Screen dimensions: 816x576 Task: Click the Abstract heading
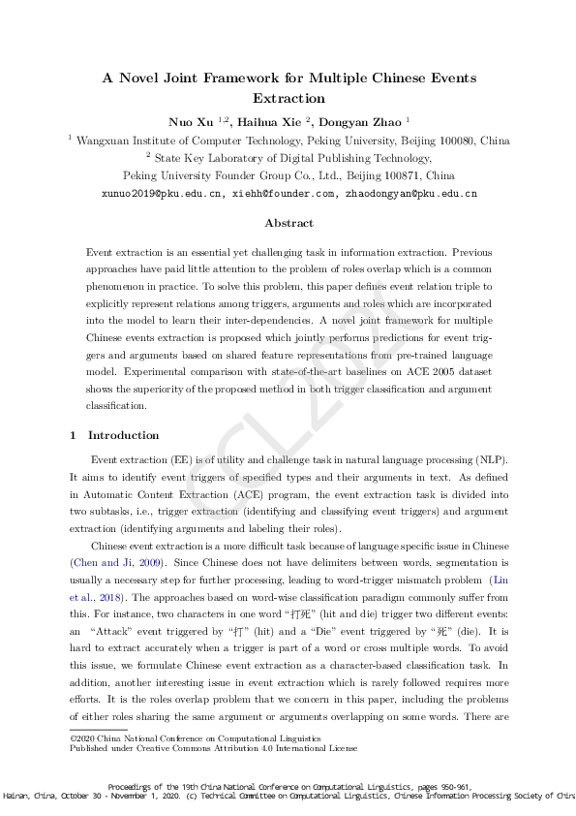288,223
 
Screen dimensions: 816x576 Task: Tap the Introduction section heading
124,435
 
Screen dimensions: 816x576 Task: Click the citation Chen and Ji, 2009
108,562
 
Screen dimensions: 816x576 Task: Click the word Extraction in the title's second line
288,98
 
